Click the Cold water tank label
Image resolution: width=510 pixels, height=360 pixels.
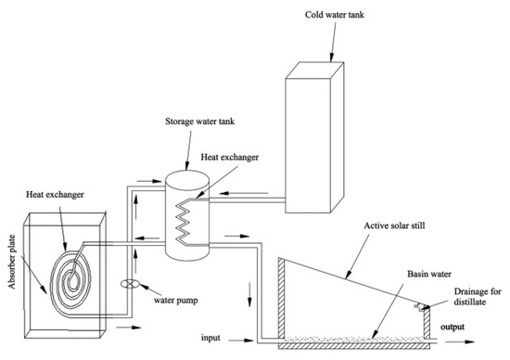(335, 15)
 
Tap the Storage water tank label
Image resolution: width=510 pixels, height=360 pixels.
(199, 122)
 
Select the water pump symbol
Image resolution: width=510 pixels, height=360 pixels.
(130, 284)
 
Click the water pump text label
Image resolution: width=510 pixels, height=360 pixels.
(175, 300)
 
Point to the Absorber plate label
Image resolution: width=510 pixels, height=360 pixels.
(12, 262)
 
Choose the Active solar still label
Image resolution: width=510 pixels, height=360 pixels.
(394, 225)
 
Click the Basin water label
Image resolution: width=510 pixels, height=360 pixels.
(429, 274)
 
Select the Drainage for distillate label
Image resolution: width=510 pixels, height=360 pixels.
(478, 297)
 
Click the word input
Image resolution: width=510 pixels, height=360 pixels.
(210, 338)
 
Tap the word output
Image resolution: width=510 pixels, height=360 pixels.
(453, 327)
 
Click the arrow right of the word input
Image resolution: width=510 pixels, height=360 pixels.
(241, 341)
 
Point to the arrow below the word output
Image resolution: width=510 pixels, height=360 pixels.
(460, 341)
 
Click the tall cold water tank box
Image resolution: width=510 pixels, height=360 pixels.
(314, 137)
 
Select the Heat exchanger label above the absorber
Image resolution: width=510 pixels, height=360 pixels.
(55, 195)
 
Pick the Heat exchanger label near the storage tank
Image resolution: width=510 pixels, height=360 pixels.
(230, 158)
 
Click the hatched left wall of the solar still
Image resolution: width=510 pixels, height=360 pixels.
(282, 297)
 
